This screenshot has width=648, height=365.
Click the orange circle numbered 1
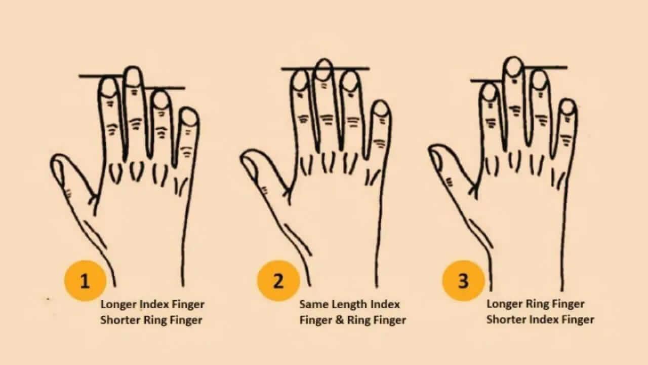(85, 281)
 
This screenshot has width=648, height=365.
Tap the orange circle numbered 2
(278, 281)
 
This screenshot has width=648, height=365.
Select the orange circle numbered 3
(463, 281)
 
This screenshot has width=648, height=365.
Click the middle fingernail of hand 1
(133, 77)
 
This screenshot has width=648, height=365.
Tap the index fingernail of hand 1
(109, 88)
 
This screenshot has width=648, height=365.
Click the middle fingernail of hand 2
(324, 70)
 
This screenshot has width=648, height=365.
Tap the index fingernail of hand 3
(490, 92)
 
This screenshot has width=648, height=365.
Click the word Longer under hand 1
(118, 305)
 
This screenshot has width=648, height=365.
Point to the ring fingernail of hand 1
(161, 100)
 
